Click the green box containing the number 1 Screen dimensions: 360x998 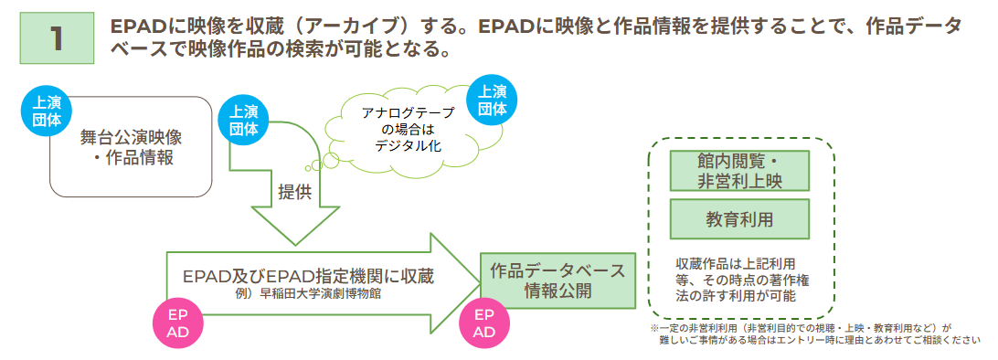point(56,37)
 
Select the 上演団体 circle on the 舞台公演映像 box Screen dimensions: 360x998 point(42,111)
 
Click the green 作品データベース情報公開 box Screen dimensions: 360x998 point(557,281)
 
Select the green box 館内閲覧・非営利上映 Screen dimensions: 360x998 point(739,171)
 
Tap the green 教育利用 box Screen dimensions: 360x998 point(739,219)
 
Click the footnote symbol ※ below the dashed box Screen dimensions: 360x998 point(654,326)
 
